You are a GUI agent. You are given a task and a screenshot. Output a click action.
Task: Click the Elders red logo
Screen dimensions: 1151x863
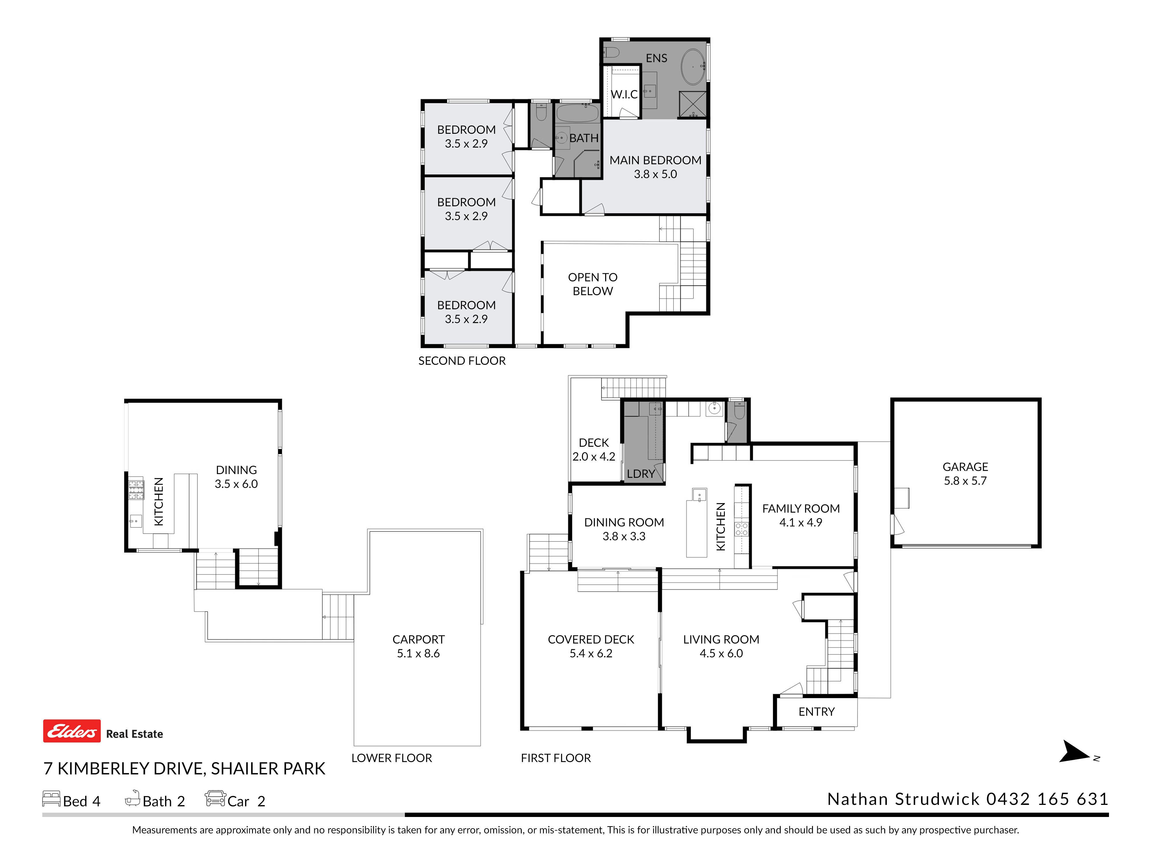(x=72, y=731)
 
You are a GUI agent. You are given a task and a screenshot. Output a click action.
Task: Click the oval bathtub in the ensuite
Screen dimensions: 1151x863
(x=693, y=67)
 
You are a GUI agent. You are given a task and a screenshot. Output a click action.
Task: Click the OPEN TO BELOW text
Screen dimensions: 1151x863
(x=593, y=284)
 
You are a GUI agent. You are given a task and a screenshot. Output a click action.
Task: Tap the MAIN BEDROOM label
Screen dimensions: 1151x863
(x=655, y=160)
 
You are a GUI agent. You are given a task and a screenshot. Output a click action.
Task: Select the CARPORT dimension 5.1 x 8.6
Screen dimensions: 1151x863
(x=418, y=653)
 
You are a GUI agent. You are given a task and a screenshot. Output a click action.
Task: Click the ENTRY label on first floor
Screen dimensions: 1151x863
(x=816, y=712)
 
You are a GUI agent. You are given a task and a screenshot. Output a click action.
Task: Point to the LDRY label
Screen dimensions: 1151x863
(x=641, y=474)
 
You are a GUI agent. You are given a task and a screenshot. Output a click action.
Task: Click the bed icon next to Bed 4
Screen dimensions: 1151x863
(x=52, y=799)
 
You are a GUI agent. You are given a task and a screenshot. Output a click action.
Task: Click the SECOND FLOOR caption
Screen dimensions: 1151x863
(x=462, y=361)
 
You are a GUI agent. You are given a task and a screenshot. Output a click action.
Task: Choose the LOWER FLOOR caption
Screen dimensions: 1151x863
(x=392, y=758)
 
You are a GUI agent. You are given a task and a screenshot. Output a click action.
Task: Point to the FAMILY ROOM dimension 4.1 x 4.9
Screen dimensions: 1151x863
(x=801, y=522)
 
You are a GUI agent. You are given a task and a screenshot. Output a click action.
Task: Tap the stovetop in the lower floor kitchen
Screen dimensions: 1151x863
(x=136, y=490)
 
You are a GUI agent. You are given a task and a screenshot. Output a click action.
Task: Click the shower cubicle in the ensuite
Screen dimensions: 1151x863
(x=693, y=104)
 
